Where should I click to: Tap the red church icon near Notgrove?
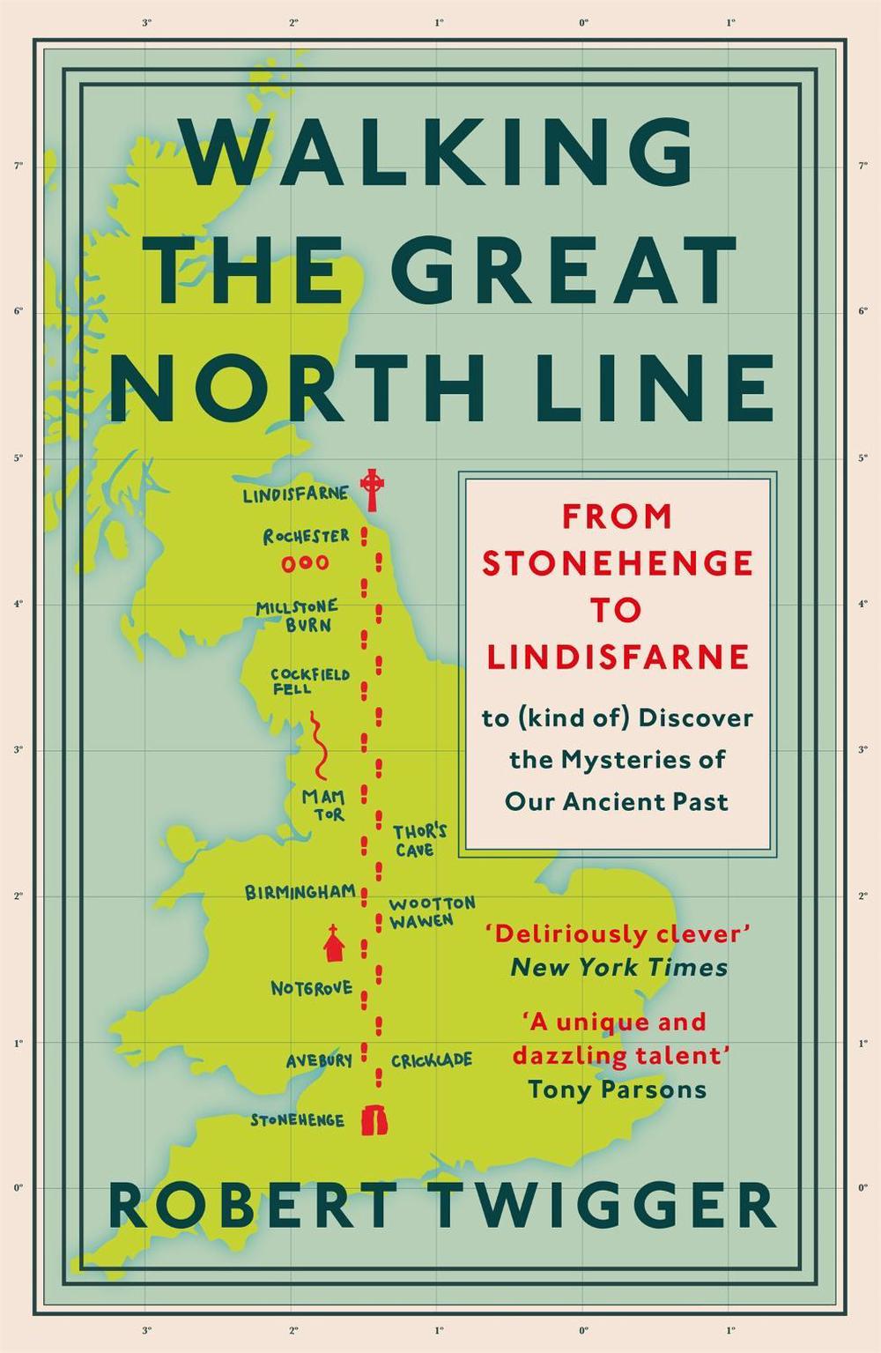point(334,943)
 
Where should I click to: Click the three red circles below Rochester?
point(306,563)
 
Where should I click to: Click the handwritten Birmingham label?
point(300,892)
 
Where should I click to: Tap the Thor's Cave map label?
point(419,840)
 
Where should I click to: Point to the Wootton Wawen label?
point(431,912)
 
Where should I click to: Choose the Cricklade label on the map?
point(431,1060)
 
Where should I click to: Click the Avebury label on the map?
point(319,1060)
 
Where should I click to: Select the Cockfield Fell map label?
point(297,680)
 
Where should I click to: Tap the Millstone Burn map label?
point(297,615)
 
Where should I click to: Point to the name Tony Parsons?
point(617,1089)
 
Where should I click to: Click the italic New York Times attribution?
point(619,968)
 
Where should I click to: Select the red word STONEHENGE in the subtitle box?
point(617,563)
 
